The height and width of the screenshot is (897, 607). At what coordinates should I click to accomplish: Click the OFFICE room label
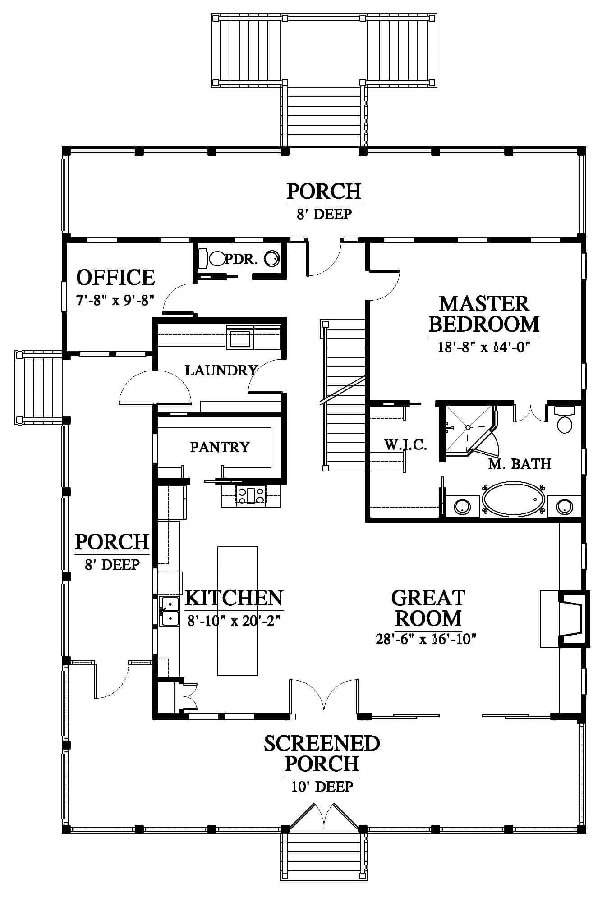tap(115, 277)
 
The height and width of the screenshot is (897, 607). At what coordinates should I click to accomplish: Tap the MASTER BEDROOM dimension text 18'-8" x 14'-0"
tap(484, 347)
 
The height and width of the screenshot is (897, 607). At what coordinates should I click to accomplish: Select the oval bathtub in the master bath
tap(513, 499)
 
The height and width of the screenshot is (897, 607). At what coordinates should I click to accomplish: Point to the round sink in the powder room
tap(272, 258)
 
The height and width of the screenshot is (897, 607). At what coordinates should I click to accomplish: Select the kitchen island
tap(238, 611)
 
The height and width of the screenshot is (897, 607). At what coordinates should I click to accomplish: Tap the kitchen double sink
tap(169, 611)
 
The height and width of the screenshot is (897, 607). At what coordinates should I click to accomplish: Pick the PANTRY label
tap(220, 447)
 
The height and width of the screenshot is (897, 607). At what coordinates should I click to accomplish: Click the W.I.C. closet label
tap(405, 445)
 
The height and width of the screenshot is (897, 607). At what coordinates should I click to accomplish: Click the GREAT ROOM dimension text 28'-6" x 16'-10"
tap(426, 639)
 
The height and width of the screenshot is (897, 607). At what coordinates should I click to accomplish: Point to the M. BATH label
tap(520, 464)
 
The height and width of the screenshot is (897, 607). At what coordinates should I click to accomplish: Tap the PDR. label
tap(241, 259)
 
